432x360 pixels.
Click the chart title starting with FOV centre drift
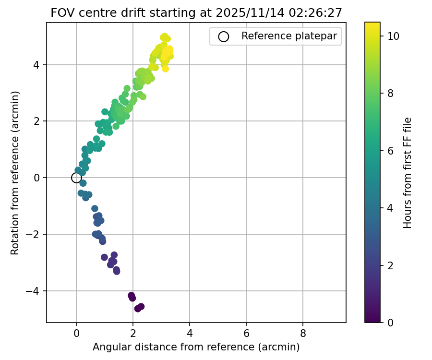196,13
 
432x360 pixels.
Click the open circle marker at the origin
76,178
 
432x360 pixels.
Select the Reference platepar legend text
289,36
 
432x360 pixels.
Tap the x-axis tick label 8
303,332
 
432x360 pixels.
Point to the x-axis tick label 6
246,332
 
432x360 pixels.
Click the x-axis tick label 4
190,332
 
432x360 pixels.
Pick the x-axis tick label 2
133,332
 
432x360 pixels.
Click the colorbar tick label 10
394,36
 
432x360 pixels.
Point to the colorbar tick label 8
391,93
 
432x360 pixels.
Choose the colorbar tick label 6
391,150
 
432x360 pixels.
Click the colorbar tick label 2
391,265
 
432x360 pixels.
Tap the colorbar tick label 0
391,322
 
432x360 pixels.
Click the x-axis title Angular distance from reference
196,347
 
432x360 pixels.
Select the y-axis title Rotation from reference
15,172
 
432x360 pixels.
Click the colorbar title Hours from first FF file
408,172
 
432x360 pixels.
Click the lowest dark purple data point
138,308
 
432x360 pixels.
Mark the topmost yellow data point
164,36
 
